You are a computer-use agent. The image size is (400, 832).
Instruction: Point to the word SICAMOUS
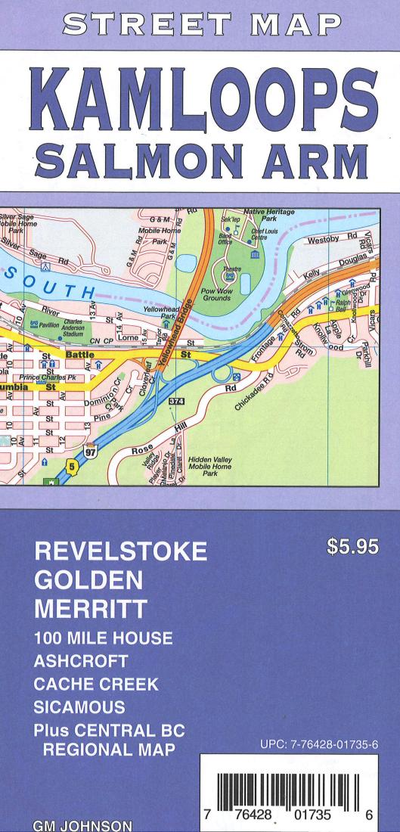(x=79, y=709)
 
